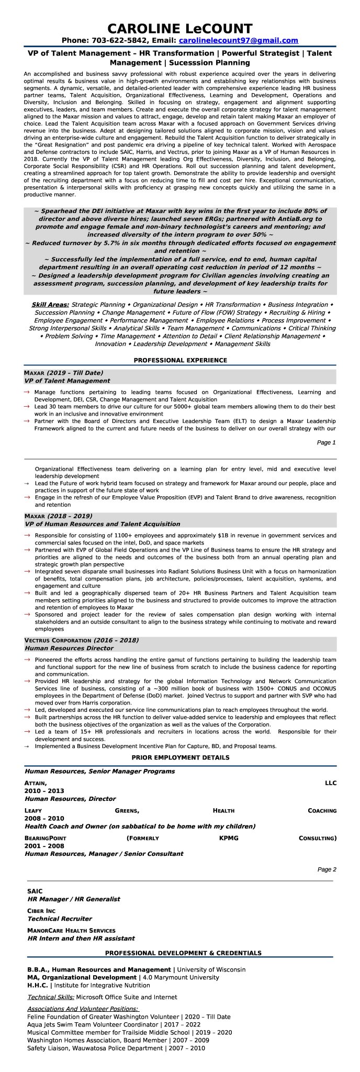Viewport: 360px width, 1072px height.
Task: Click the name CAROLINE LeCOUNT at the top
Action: click(x=180, y=28)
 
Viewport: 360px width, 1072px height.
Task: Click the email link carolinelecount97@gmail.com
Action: click(x=238, y=40)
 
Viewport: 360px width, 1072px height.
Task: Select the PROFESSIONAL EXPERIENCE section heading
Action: click(x=180, y=360)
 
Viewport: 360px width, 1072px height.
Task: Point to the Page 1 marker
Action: click(x=326, y=442)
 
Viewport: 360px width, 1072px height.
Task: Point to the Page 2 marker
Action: click(x=326, y=869)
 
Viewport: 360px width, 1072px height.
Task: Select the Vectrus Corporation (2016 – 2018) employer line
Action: click(x=81, y=640)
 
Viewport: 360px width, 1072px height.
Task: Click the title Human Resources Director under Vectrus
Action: click(x=69, y=648)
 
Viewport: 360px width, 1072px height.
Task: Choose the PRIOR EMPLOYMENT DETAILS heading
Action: click(x=180, y=757)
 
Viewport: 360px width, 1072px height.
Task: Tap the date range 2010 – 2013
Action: click(x=44, y=791)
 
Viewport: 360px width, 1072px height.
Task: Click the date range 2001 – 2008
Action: click(x=44, y=846)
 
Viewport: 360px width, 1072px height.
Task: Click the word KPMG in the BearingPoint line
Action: click(x=229, y=838)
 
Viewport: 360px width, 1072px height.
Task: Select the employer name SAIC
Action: click(x=35, y=891)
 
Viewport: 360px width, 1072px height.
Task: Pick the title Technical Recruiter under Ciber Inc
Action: click(x=59, y=919)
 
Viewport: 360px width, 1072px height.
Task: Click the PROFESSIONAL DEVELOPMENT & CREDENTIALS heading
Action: click(x=183, y=953)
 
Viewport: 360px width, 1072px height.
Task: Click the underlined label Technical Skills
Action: click(x=51, y=997)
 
